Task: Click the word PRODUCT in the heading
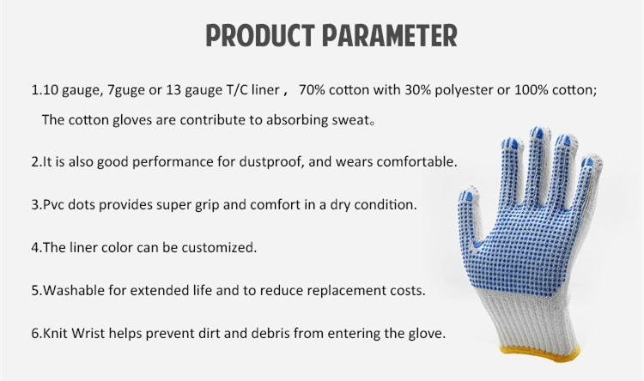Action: tap(260, 35)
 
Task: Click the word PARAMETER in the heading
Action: tap(390, 35)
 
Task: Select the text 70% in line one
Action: tap(313, 89)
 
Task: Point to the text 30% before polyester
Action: tap(417, 89)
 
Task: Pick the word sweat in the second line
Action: tap(350, 120)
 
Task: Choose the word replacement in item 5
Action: tap(345, 291)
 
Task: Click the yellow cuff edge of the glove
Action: tap(540, 353)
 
